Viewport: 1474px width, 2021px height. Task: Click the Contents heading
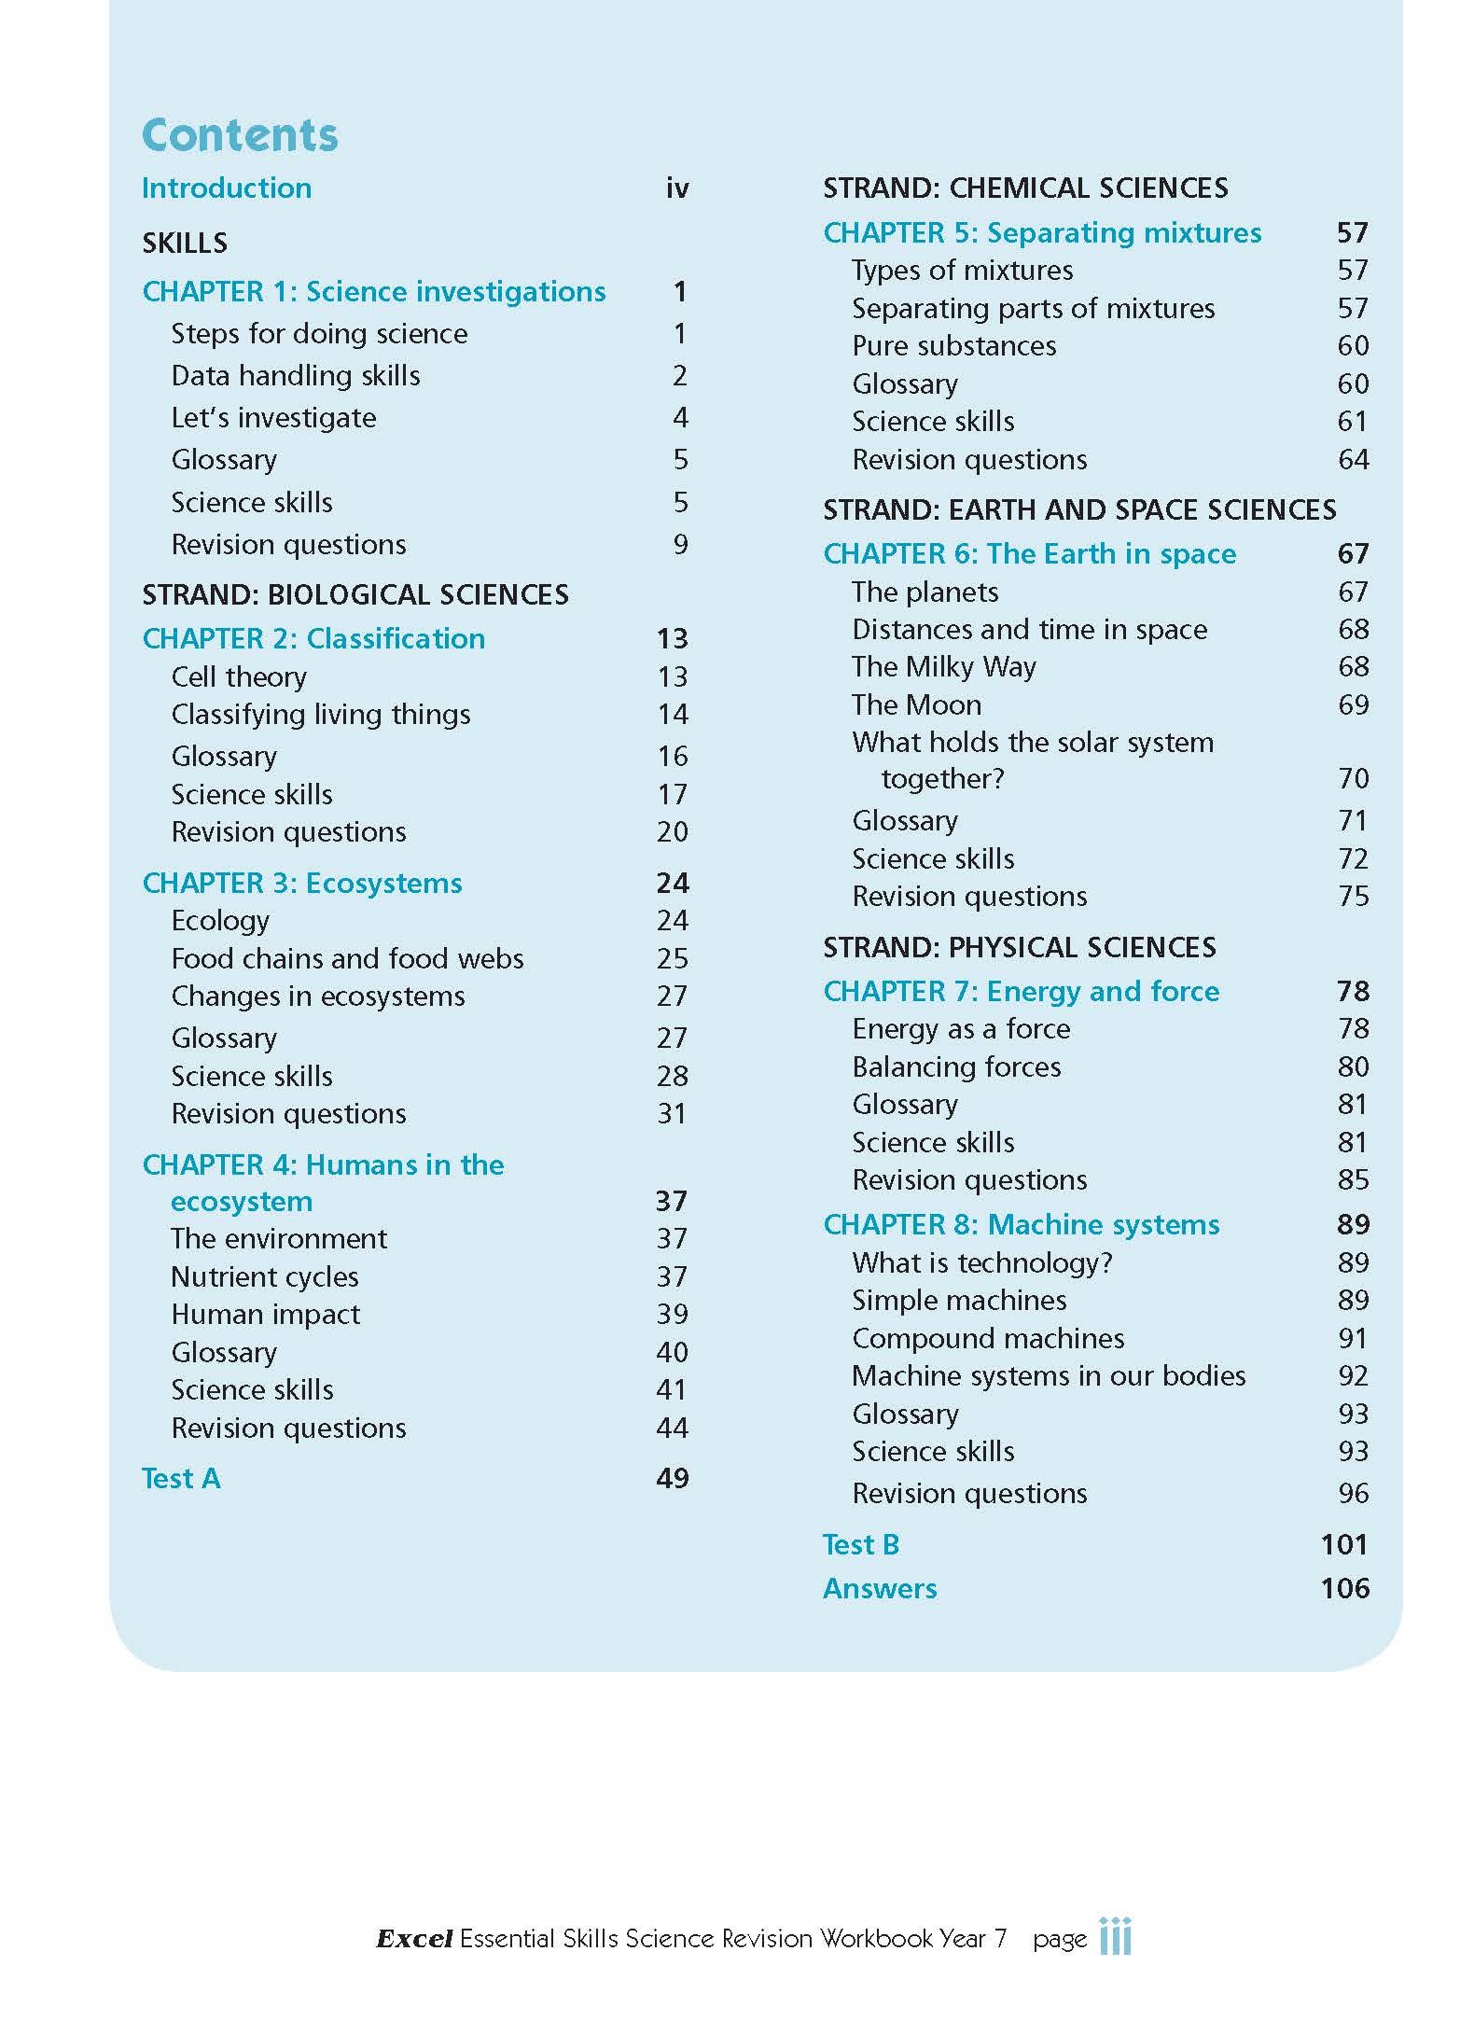pyautogui.click(x=240, y=135)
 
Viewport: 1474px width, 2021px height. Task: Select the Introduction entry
pyautogui.click(x=227, y=188)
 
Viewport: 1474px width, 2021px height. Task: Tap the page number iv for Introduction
pyautogui.click(x=677, y=188)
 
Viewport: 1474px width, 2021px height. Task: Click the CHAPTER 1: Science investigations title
pyautogui.click(x=374, y=291)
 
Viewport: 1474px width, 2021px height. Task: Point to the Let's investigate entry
pyautogui.click(x=273, y=417)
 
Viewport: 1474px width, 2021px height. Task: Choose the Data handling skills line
pyautogui.click(x=296, y=375)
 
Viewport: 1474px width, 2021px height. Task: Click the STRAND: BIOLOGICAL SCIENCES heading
pyautogui.click(x=355, y=594)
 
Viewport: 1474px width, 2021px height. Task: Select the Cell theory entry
pyautogui.click(x=239, y=676)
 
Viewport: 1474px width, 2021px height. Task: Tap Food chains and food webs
pyautogui.click(x=347, y=958)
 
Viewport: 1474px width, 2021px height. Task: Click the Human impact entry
pyautogui.click(x=265, y=1314)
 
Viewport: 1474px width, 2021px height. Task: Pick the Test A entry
pyautogui.click(x=181, y=1478)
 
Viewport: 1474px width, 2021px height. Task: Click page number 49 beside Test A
pyautogui.click(x=672, y=1478)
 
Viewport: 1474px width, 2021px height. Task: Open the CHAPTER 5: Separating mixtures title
pyautogui.click(x=1042, y=232)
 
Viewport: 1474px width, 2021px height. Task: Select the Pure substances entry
pyautogui.click(x=953, y=345)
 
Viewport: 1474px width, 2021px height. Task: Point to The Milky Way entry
pyautogui.click(x=943, y=666)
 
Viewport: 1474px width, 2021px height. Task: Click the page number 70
pyautogui.click(x=1353, y=778)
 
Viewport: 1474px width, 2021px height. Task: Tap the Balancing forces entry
pyautogui.click(x=956, y=1066)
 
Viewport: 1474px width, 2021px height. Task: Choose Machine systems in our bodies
pyautogui.click(x=1049, y=1375)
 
